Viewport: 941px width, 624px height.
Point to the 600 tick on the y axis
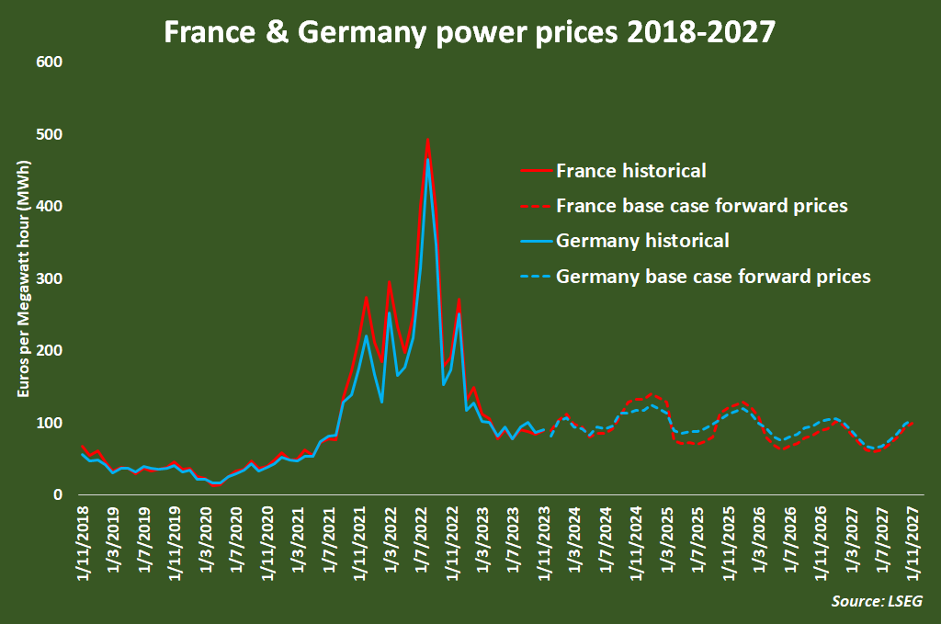tap(49, 62)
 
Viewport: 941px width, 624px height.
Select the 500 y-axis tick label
tap(49, 134)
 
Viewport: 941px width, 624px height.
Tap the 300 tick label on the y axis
tap(49, 278)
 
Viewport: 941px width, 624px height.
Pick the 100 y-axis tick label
tap(49, 423)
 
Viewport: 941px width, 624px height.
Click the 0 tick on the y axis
tap(57, 495)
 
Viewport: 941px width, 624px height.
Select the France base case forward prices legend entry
tap(702, 206)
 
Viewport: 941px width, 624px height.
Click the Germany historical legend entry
tap(642, 241)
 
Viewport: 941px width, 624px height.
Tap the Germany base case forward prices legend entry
tap(713, 276)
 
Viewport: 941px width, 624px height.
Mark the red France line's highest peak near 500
tap(428, 140)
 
